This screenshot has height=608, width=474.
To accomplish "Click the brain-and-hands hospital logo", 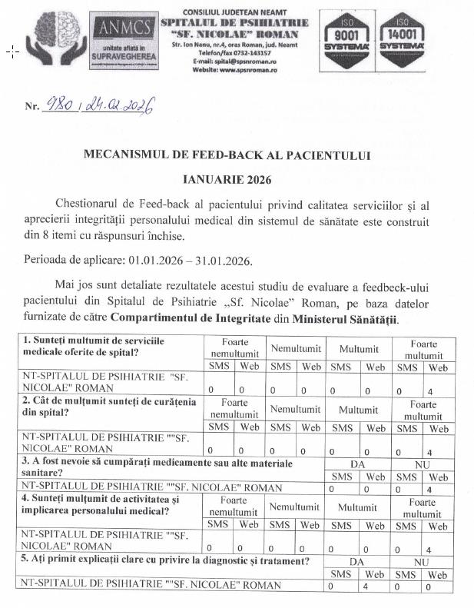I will tap(55, 42).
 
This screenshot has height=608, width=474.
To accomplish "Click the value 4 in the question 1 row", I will tap(429, 391).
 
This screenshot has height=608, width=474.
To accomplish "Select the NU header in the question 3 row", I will tap(422, 464).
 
